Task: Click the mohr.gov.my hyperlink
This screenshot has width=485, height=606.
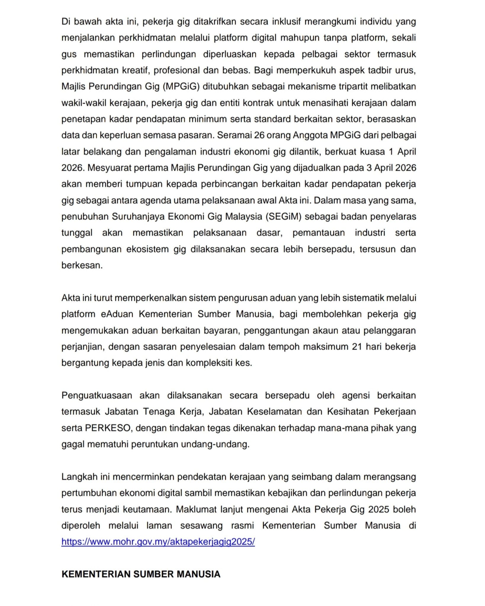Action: (158, 541)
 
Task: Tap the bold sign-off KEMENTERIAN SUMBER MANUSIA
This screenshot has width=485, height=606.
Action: (141, 574)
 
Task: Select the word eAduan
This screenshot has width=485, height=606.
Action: (117, 314)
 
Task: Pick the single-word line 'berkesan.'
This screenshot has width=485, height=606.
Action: (82, 265)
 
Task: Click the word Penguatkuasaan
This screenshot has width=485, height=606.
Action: (97, 395)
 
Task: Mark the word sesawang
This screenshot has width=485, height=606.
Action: (201, 526)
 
